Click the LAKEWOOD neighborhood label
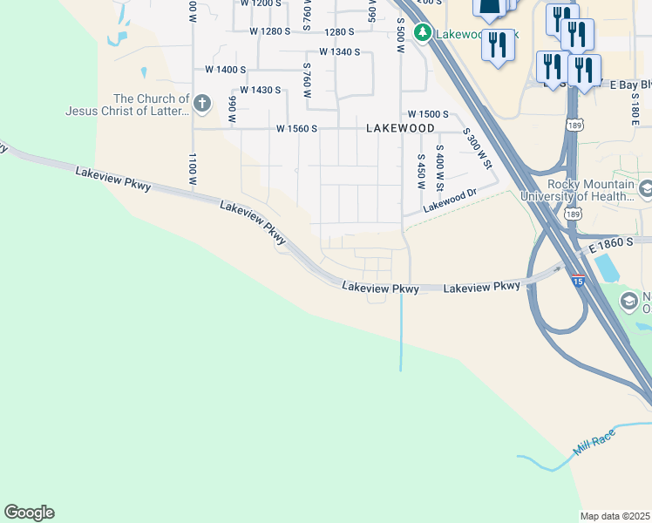(x=400, y=128)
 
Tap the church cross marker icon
(x=202, y=105)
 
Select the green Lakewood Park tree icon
(x=423, y=33)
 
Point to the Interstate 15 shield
(x=578, y=282)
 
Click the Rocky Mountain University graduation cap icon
(x=646, y=189)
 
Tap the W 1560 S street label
(x=296, y=129)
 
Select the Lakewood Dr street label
(x=451, y=202)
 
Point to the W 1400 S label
(x=226, y=69)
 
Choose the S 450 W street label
(x=420, y=173)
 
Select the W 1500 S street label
(x=427, y=114)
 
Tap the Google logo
(x=29, y=513)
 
